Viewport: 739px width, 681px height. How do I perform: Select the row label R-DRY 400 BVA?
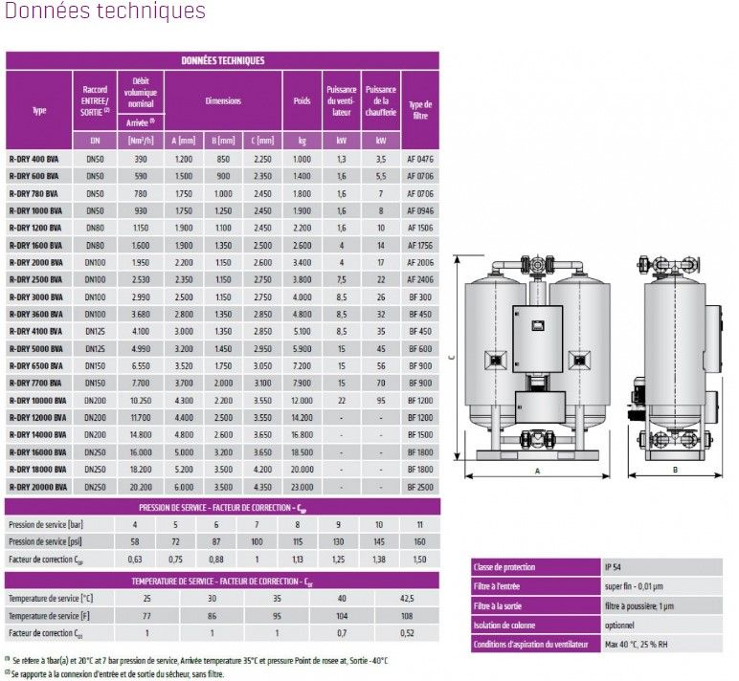(x=34, y=158)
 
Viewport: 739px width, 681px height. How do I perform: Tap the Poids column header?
(x=302, y=100)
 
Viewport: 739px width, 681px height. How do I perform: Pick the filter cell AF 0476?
(x=420, y=158)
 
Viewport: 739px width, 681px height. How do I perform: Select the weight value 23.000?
(x=302, y=487)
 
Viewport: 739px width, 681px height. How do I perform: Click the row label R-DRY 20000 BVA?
(x=37, y=487)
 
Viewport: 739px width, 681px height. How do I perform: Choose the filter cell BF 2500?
(x=420, y=487)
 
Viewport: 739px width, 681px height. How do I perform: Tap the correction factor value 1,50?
(x=420, y=559)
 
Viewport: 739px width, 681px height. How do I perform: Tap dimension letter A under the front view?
(x=537, y=472)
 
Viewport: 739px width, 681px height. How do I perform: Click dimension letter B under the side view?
(x=675, y=471)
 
